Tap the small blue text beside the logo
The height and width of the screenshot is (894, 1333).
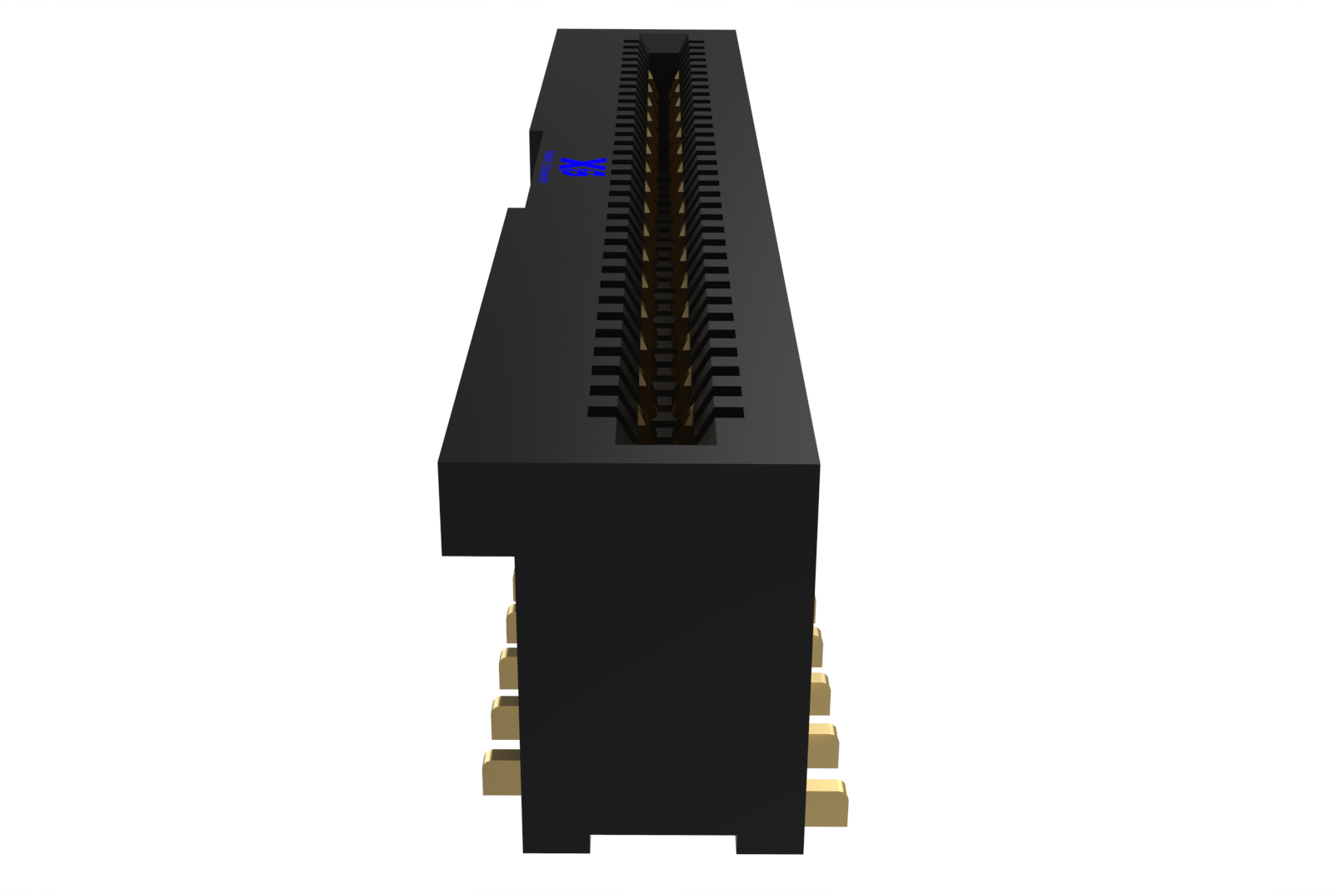547,167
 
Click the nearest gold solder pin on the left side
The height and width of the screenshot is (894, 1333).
500,772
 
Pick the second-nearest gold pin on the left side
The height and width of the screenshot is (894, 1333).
505,718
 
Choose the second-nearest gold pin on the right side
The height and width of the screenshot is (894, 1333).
822,746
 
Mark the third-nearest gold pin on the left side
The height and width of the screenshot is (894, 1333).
508,669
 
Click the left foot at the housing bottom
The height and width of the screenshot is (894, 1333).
556,843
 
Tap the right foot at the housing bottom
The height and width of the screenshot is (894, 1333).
770,843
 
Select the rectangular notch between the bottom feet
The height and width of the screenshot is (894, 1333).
663,843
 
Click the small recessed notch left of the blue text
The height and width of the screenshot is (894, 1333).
536,158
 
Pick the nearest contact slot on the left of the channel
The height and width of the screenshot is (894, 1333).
602,412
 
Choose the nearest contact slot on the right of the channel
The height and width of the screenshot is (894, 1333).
729,412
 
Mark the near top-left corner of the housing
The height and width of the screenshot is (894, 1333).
439,463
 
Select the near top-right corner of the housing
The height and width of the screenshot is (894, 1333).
819,465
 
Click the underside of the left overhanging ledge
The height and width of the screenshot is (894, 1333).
477,555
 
